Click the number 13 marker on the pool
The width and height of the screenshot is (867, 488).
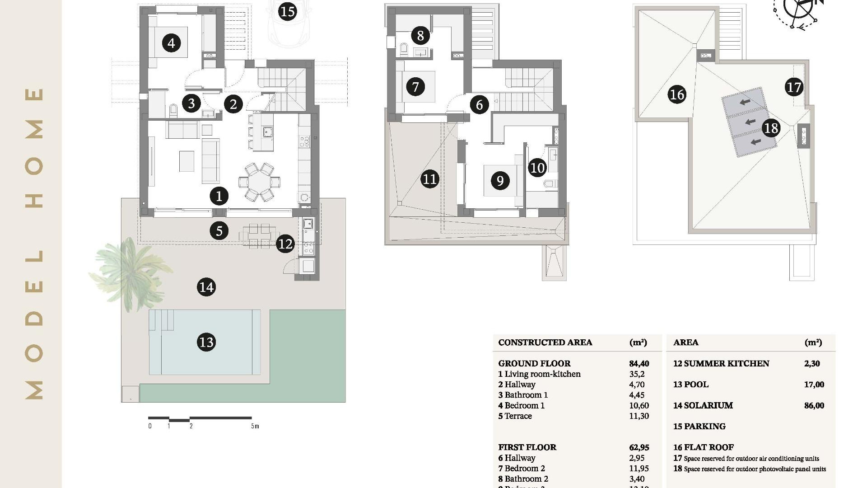(x=206, y=342)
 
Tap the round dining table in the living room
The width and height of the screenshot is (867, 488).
(x=259, y=182)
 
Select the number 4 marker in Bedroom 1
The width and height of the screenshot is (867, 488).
(x=171, y=43)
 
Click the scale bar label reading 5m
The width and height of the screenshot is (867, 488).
(x=255, y=426)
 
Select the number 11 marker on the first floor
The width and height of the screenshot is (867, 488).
(x=429, y=179)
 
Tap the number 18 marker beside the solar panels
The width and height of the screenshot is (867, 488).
(x=771, y=128)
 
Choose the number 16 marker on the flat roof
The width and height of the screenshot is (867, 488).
(x=677, y=94)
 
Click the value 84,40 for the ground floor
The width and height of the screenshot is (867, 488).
(x=639, y=363)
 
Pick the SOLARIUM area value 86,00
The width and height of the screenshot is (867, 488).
(x=814, y=405)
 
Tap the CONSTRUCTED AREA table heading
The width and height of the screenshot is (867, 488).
(x=545, y=343)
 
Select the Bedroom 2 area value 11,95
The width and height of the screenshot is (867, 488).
(x=639, y=468)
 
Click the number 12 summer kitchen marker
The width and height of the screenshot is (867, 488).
(x=285, y=244)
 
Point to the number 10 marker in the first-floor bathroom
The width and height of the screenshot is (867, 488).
(x=537, y=168)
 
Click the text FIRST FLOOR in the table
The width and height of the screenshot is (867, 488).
(x=527, y=447)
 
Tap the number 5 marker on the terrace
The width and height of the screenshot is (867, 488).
(x=219, y=231)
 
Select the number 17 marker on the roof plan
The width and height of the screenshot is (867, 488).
(x=794, y=87)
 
